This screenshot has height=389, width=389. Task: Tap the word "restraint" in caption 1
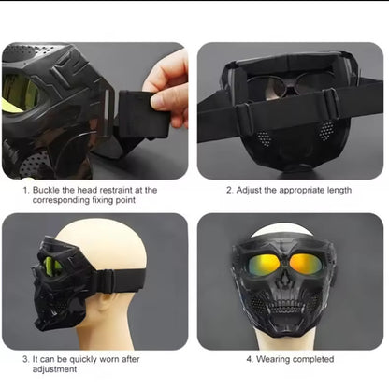click(117, 190)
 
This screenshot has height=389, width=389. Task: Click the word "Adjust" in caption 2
click(249, 190)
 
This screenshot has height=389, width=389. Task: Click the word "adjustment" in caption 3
click(54, 369)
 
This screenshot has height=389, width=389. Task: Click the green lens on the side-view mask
click(53, 265)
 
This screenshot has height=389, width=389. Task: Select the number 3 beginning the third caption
click(25, 359)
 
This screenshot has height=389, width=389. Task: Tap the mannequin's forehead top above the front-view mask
click(282, 230)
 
